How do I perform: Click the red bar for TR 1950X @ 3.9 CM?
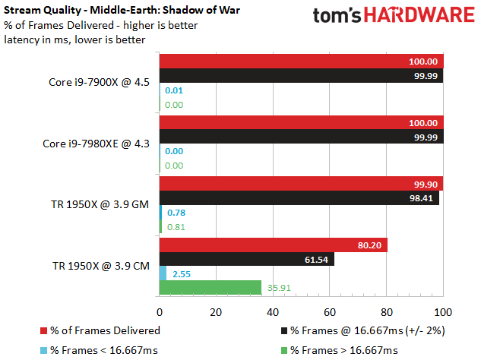click(274, 245)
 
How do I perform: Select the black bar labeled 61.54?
click(247, 259)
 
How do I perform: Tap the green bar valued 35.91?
click(210, 287)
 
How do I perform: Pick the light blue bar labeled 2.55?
click(163, 273)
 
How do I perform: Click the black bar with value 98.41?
click(299, 197)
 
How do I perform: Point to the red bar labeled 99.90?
click(301, 184)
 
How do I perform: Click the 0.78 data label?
click(176, 213)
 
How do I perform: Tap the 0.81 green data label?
click(176, 227)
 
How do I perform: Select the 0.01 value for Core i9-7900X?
click(174, 90)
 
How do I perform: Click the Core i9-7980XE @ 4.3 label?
click(96, 144)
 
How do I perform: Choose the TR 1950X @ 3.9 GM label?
click(100, 204)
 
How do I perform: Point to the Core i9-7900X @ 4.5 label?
click(99, 82)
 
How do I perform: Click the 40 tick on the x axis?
click(273, 312)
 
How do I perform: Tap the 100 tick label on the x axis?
click(443, 312)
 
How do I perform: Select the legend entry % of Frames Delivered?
click(100, 330)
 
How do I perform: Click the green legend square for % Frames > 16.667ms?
click(284, 350)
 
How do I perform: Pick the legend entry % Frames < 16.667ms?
click(99, 350)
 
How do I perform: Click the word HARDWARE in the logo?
click(419, 14)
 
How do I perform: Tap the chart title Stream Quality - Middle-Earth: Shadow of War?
click(122, 10)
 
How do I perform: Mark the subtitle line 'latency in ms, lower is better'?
click(74, 39)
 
